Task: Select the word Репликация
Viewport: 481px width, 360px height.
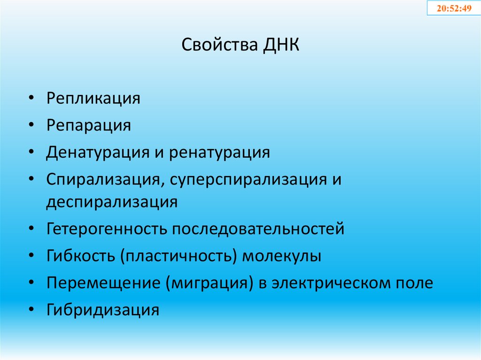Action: pos(93,99)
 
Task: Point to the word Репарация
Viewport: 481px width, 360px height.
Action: pos(88,126)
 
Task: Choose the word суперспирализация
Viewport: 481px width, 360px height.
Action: pos(244,180)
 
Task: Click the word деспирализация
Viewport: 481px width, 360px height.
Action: pos(112,202)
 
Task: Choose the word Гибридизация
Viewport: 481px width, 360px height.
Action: pos(103,310)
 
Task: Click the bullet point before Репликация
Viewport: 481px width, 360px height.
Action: pos(31,100)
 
